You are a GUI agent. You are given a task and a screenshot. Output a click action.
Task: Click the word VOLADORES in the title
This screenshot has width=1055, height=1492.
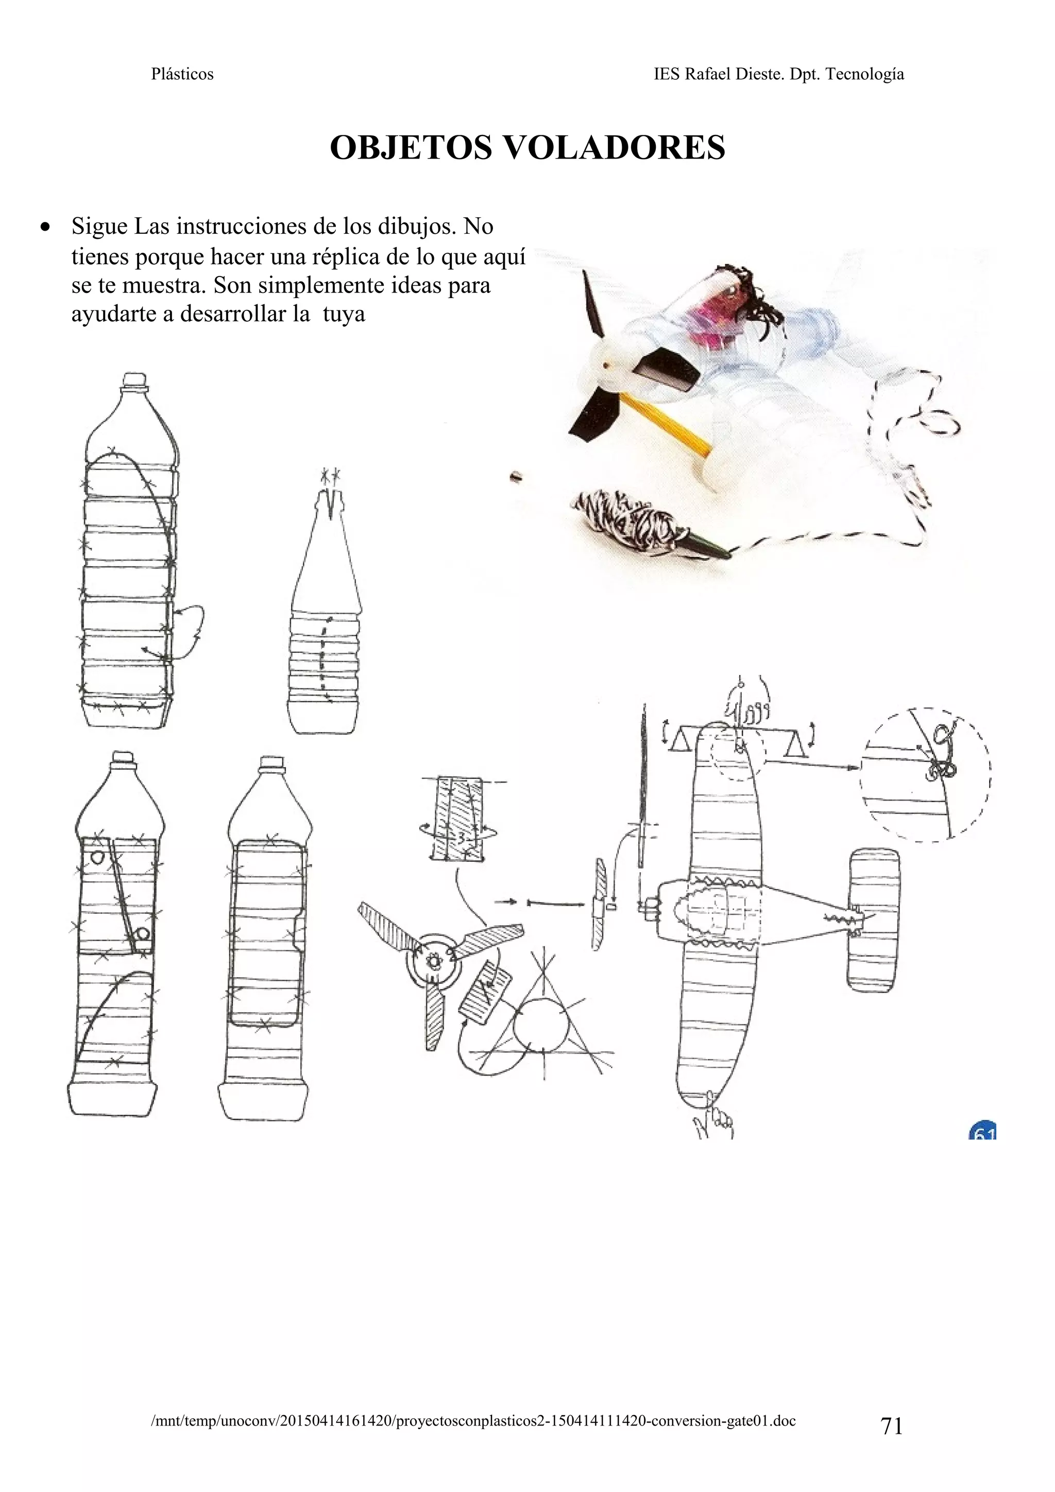614,148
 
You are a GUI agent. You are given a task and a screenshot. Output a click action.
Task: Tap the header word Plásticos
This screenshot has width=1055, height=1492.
182,74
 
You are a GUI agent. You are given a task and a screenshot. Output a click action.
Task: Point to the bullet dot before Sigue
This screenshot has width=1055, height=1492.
45,228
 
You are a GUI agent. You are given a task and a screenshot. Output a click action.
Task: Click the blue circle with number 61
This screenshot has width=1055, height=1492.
983,1133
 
